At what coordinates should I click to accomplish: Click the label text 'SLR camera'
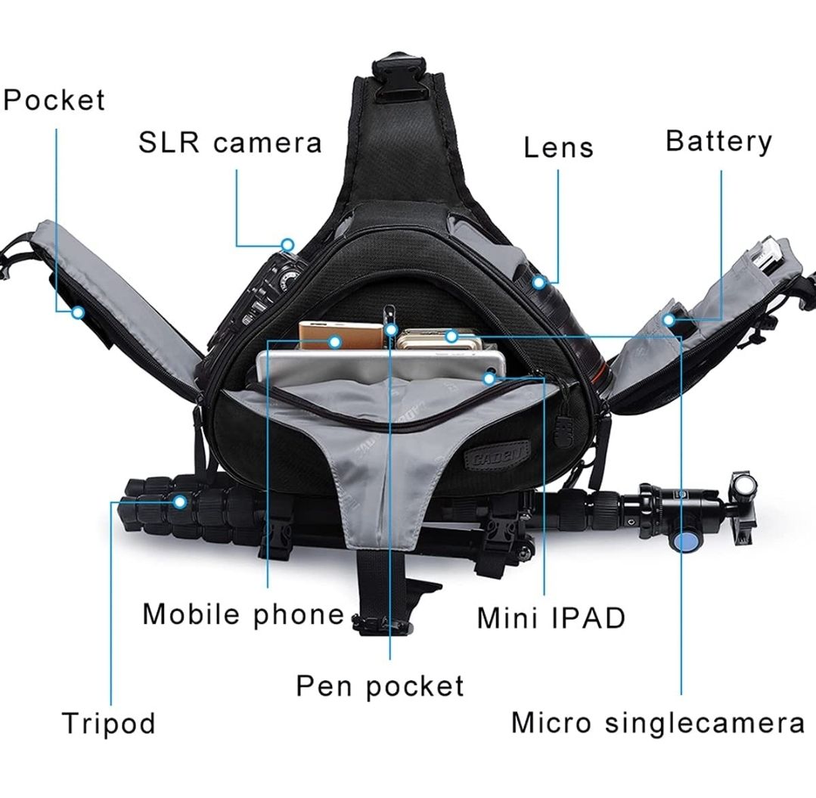pyautogui.click(x=230, y=143)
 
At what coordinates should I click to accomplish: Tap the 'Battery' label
pyautogui.click(x=718, y=141)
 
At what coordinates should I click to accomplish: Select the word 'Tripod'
pyautogui.click(x=109, y=724)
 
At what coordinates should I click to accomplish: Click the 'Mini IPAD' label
pyautogui.click(x=551, y=618)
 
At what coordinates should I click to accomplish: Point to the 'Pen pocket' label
pyautogui.click(x=380, y=685)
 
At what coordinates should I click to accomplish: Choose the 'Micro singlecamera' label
pyautogui.click(x=658, y=723)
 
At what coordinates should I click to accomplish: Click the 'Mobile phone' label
pyautogui.click(x=243, y=614)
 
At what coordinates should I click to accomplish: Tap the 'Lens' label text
pyautogui.click(x=558, y=147)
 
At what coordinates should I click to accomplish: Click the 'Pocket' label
pyautogui.click(x=54, y=99)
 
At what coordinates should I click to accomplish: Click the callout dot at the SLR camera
pyautogui.click(x=287, y=244)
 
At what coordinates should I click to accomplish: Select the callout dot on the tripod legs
pyautogui.click(x=180, y=501)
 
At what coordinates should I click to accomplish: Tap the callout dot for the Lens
pyautogui.click(x=539, y=283)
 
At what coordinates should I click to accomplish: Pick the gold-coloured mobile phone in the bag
pyautogui.click(x=341, y=336)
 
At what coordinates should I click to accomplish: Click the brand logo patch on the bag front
pyautogui.click(x=496, y=453)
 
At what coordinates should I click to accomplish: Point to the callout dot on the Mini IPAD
pyautogui.click(x=489, y=378)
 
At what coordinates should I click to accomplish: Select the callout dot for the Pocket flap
pyautogui.click(x=78, y=312)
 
